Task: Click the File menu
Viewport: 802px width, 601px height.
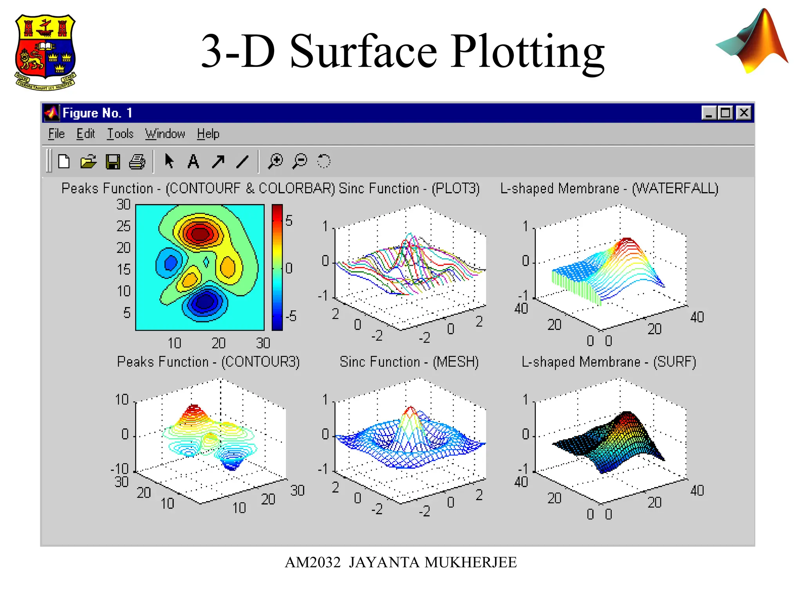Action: click(56, 134)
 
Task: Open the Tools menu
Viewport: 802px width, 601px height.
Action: click(120, 134)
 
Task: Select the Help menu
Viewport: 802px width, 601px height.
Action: click(208, 134)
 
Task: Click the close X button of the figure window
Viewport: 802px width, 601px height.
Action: click(744, 113)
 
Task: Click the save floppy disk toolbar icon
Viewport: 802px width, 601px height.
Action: click(113, 162)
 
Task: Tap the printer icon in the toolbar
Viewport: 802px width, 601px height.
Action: click(137, 162)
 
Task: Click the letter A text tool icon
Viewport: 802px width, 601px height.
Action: click(193, 161)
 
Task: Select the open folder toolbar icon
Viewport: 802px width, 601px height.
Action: click(89, 162)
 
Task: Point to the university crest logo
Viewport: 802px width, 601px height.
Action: click(45, 52)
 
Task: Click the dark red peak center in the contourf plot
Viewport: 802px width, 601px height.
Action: click(200, 234)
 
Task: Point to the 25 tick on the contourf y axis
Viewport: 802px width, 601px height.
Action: click(123, 226)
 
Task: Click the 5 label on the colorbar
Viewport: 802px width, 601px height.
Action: click(289, 221)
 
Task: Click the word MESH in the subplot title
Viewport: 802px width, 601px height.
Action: click(456, 362)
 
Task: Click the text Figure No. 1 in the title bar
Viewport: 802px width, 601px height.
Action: click(98, 113)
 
